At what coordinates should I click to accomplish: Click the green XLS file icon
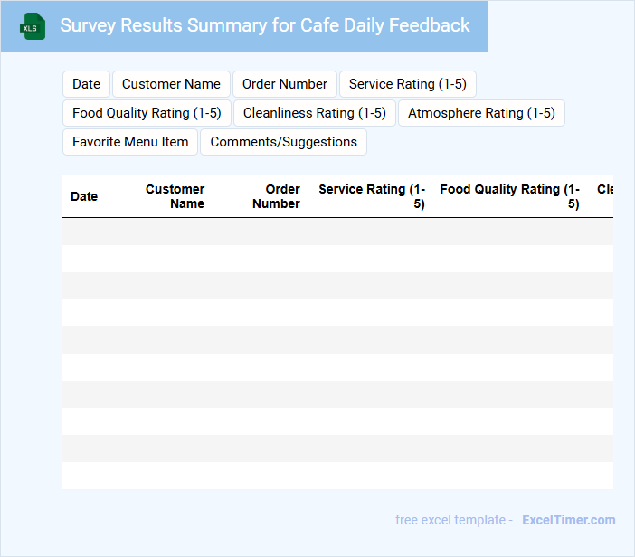tap(33, 26)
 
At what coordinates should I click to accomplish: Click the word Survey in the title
tap(89, 25)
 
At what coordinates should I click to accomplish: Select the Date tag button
tap(86, 84)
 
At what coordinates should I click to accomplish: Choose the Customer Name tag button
tap(171, 84)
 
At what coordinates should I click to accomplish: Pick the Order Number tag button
tap(285, 84)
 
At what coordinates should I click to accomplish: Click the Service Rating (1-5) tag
tap(407, 84)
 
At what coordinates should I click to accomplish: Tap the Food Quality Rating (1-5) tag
tap(147, 113)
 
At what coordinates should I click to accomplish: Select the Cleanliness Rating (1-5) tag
tap(315, 113)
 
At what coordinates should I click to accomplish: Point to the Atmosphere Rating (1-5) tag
tap(481, 113)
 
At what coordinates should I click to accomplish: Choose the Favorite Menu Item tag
tap(130, 142)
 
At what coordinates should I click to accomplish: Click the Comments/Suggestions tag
tap(284, 142)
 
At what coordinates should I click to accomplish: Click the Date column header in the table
tap(84, 196)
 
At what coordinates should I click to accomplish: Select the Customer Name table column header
tap(175, 196)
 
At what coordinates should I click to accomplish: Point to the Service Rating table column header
tap(372, 196)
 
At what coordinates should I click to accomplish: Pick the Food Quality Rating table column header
tap(509, 196)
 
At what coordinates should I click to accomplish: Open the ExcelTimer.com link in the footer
tap(568, 520)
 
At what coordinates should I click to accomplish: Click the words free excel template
tap(450, 520)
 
